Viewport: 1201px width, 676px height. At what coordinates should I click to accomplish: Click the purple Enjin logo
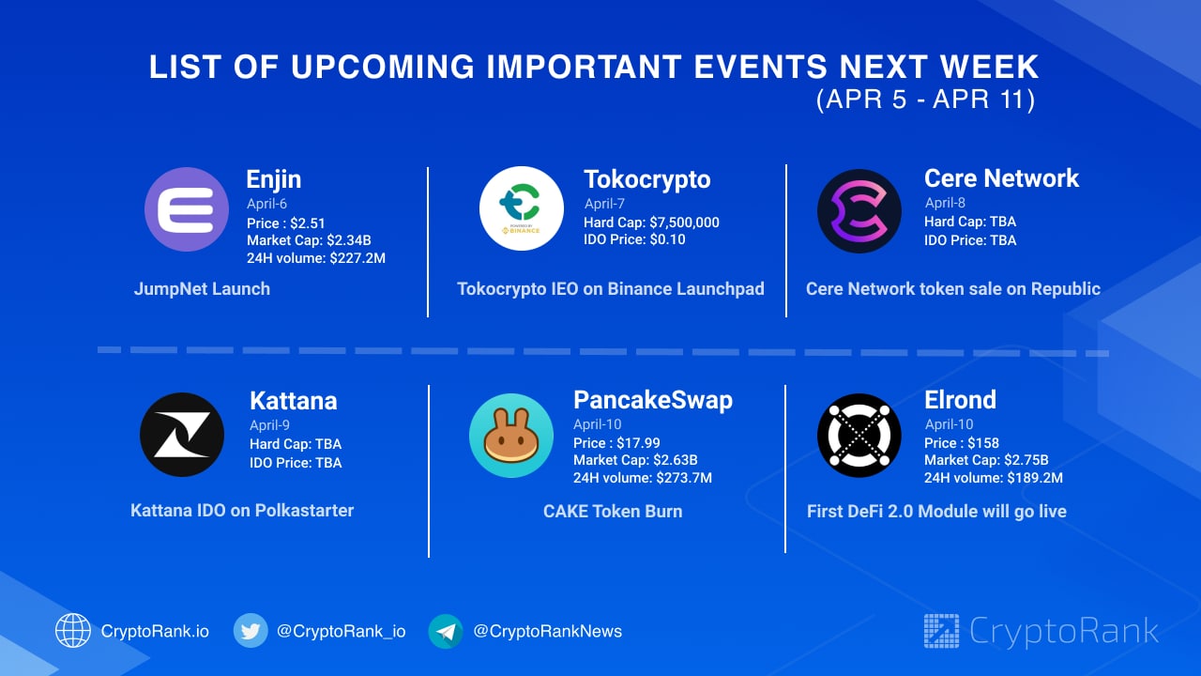tap(187, 209)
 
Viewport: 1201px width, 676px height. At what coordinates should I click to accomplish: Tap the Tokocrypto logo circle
tap(521, 208)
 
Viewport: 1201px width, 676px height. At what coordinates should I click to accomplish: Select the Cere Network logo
tap(859, 211)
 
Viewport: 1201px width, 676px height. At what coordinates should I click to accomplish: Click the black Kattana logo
tap(182, 435)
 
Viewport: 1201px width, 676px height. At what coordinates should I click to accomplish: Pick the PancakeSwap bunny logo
tap(511, 435)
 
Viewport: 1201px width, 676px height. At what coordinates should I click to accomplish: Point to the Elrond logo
tap(859, 435)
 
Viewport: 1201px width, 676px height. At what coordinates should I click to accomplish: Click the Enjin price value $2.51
tap(308, 223)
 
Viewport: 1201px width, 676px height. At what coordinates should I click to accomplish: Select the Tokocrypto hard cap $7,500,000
tap(684, 223)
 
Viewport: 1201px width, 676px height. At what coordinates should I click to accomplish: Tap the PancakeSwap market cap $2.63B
tap(675, 460)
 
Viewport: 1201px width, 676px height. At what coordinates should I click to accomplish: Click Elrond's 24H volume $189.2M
tap(1035, 478)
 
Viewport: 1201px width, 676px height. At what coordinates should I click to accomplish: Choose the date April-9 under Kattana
tap(269, 425)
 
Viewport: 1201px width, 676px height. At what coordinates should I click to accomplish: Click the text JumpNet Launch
tap(202, 288)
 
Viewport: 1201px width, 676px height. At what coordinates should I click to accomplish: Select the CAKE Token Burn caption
tap(613, 512)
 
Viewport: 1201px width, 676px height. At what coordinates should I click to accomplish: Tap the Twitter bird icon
tap(251, 631)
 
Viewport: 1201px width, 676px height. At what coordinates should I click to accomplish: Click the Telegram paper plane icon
tap(446, 632)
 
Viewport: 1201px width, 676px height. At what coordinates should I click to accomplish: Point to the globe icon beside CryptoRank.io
tap(73, 630)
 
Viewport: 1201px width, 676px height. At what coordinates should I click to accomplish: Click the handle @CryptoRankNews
tap(547, 631)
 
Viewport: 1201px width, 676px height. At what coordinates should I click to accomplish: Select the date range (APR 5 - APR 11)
tap(925, 100)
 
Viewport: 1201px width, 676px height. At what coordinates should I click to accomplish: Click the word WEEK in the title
tap(990, 67)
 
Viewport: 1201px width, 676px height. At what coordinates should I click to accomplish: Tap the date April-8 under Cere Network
tap(945, 203)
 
